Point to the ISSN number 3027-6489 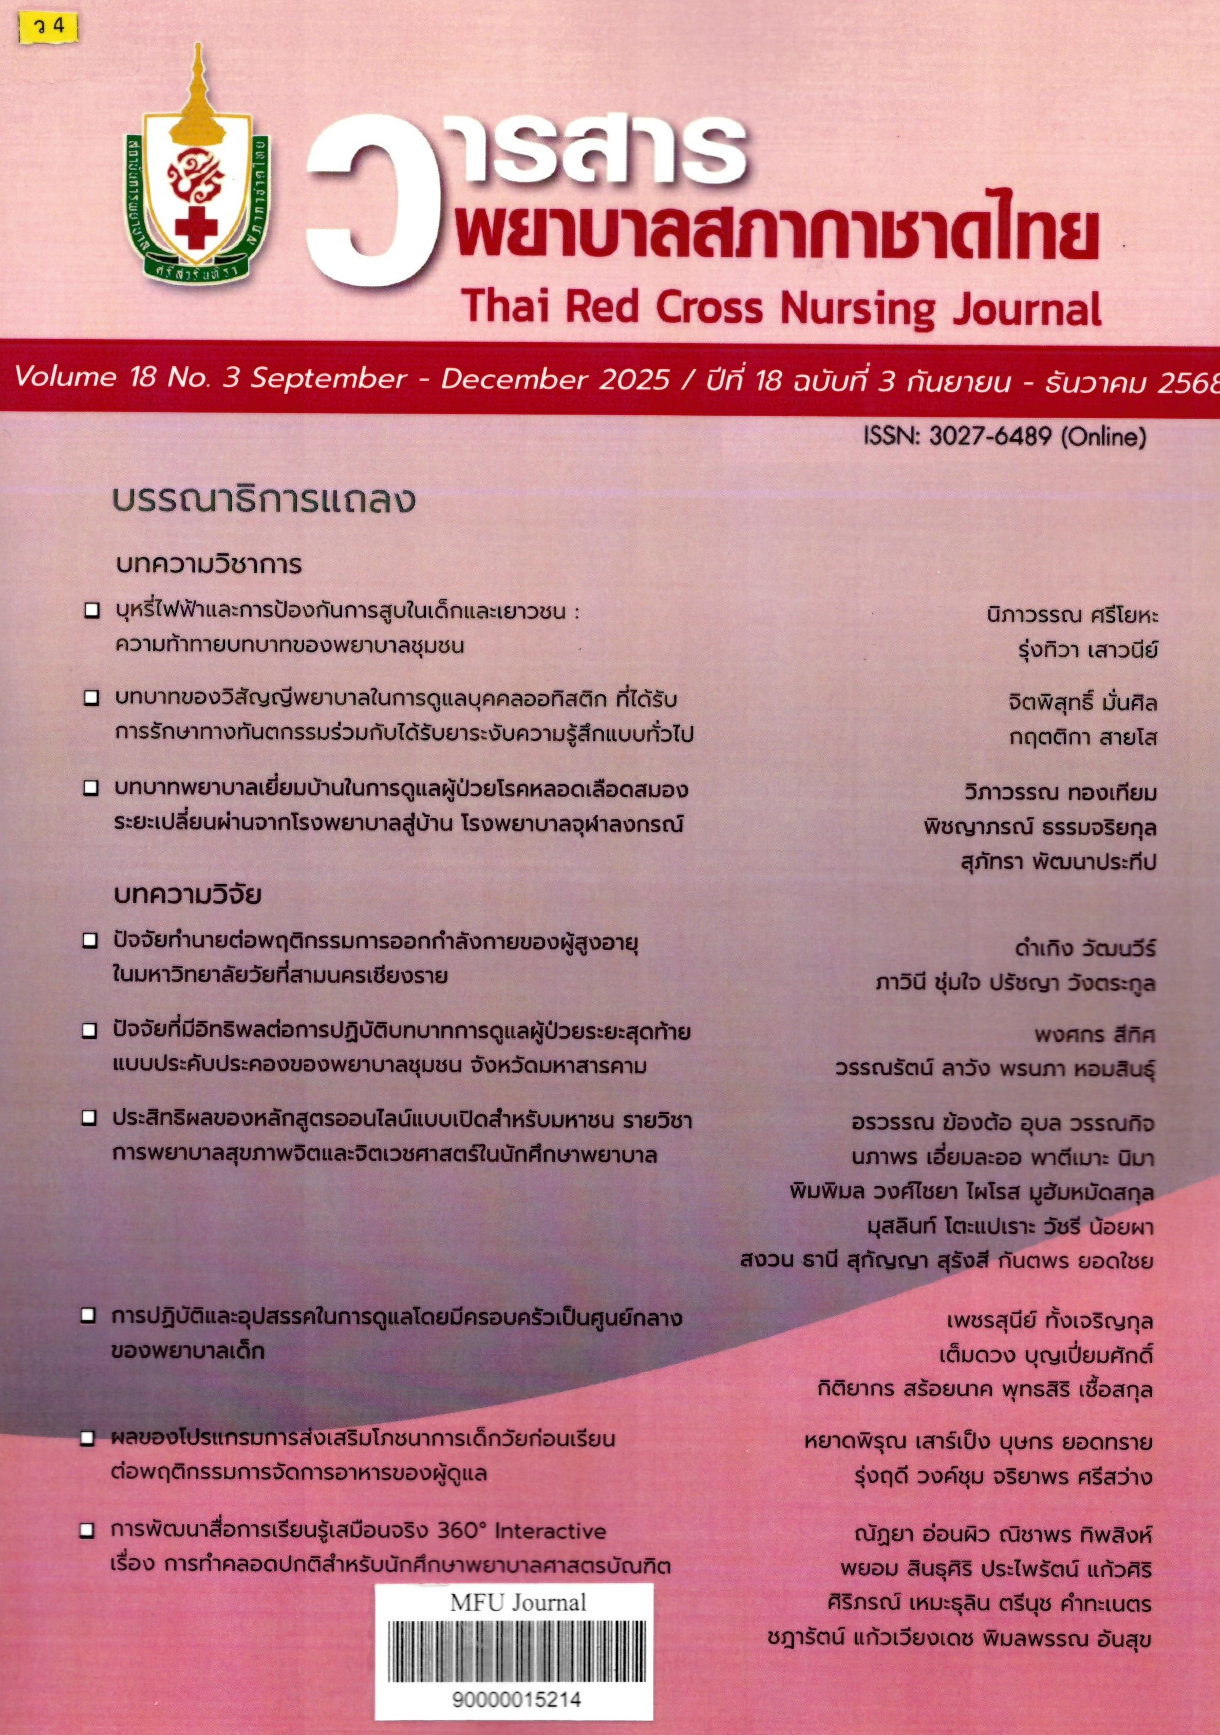[x=989, y=437]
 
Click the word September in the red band [x=329, y=378]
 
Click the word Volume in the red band [x=64, y=377]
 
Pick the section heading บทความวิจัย [x=188, y=896]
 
